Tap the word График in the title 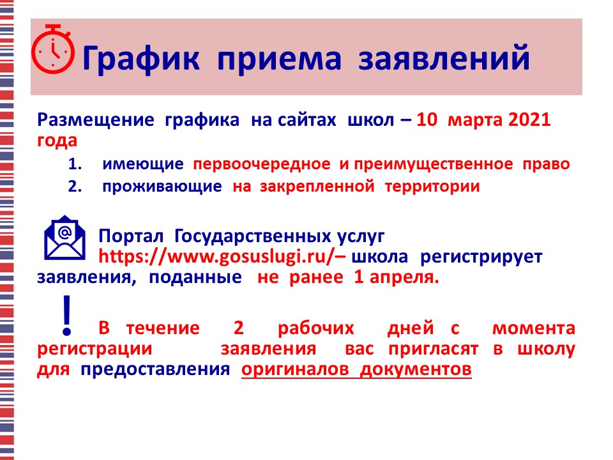click(x=141, y=59)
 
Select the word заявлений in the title click(x=444, y=58)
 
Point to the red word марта click(x=473, y=120)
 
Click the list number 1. click(x=75, y=164)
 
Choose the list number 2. click(x=75, y=186)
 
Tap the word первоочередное click(x=262, y=164)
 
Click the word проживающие click(x=162, y=187)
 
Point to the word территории click(x=432, y=187)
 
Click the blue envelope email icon click(x=64, y=238)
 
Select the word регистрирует click(x=481, y=257)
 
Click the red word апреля click(x=404, y=277)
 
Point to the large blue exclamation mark click(x=67, y=315)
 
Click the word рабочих click(x=316, y=328)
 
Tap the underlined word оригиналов click(x=295, y=369)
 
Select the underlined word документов click(x=416, y=369)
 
